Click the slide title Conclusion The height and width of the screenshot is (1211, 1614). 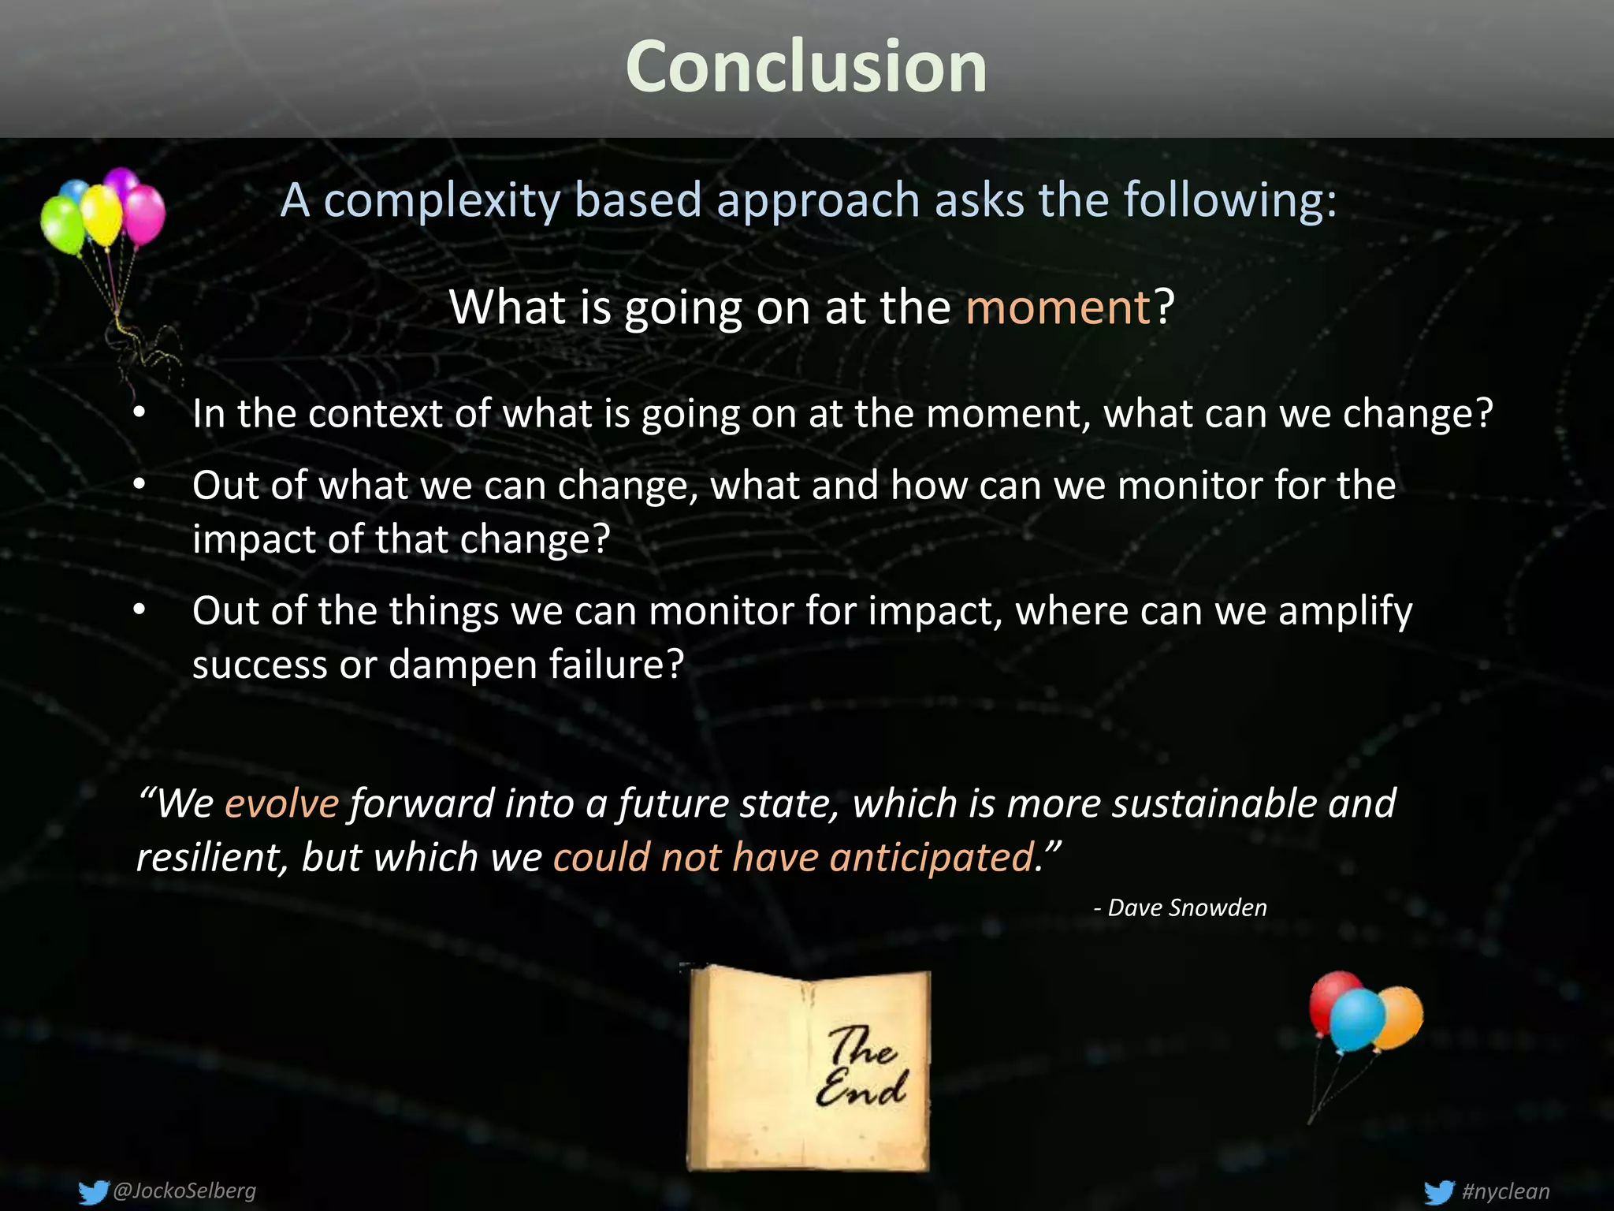(805, 68)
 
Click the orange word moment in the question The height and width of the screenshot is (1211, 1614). (1058, 307)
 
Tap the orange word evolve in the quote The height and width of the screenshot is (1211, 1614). (281, 803)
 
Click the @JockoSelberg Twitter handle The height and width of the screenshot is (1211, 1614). (184, 1190)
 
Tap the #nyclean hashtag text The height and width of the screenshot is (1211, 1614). (1505, 1191)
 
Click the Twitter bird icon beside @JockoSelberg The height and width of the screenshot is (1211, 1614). (93, 1191)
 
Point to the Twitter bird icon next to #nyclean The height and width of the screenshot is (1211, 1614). (1439, 1191)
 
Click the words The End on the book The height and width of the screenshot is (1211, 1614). (861, 1067)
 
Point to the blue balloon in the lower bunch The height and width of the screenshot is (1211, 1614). (1357, 1020)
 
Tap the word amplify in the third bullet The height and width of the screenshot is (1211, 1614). (1345, 612)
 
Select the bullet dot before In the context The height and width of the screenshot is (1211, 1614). (139, 413)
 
